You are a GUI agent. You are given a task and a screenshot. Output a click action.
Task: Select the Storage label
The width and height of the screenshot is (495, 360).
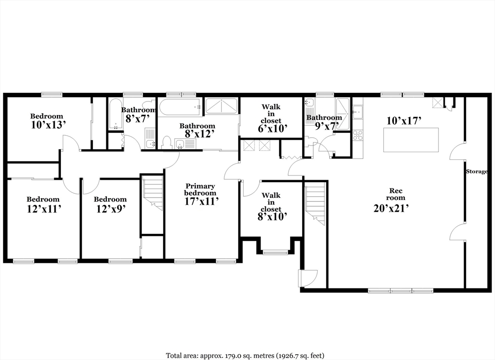[x=476, y=172]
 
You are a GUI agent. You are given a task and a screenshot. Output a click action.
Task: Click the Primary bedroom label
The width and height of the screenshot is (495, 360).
[x=200, y=189]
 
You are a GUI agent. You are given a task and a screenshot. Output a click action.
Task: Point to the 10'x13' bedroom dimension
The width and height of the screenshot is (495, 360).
[x=47, y=125]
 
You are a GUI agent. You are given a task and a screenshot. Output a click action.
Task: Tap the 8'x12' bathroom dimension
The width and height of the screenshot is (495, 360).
[x=197, y=134]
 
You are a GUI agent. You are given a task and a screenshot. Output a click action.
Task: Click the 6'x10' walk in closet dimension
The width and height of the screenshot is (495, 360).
[x=271, y=129]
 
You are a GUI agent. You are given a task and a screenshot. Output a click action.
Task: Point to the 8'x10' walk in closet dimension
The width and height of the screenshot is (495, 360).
[x=271, y=217]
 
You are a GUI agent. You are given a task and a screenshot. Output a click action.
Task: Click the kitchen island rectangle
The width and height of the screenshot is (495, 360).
[x=411, y=140]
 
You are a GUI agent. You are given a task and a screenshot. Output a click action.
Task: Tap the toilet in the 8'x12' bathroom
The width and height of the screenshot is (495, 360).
[x=167, y=143]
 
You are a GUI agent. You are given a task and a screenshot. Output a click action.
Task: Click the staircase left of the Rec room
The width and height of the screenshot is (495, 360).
[x=315, y=203]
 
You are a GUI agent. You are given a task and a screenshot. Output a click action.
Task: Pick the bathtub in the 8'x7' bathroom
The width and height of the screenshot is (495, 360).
[x=115, y=114]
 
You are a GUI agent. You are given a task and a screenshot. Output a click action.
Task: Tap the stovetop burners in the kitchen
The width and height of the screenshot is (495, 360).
[x=358, y=135]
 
